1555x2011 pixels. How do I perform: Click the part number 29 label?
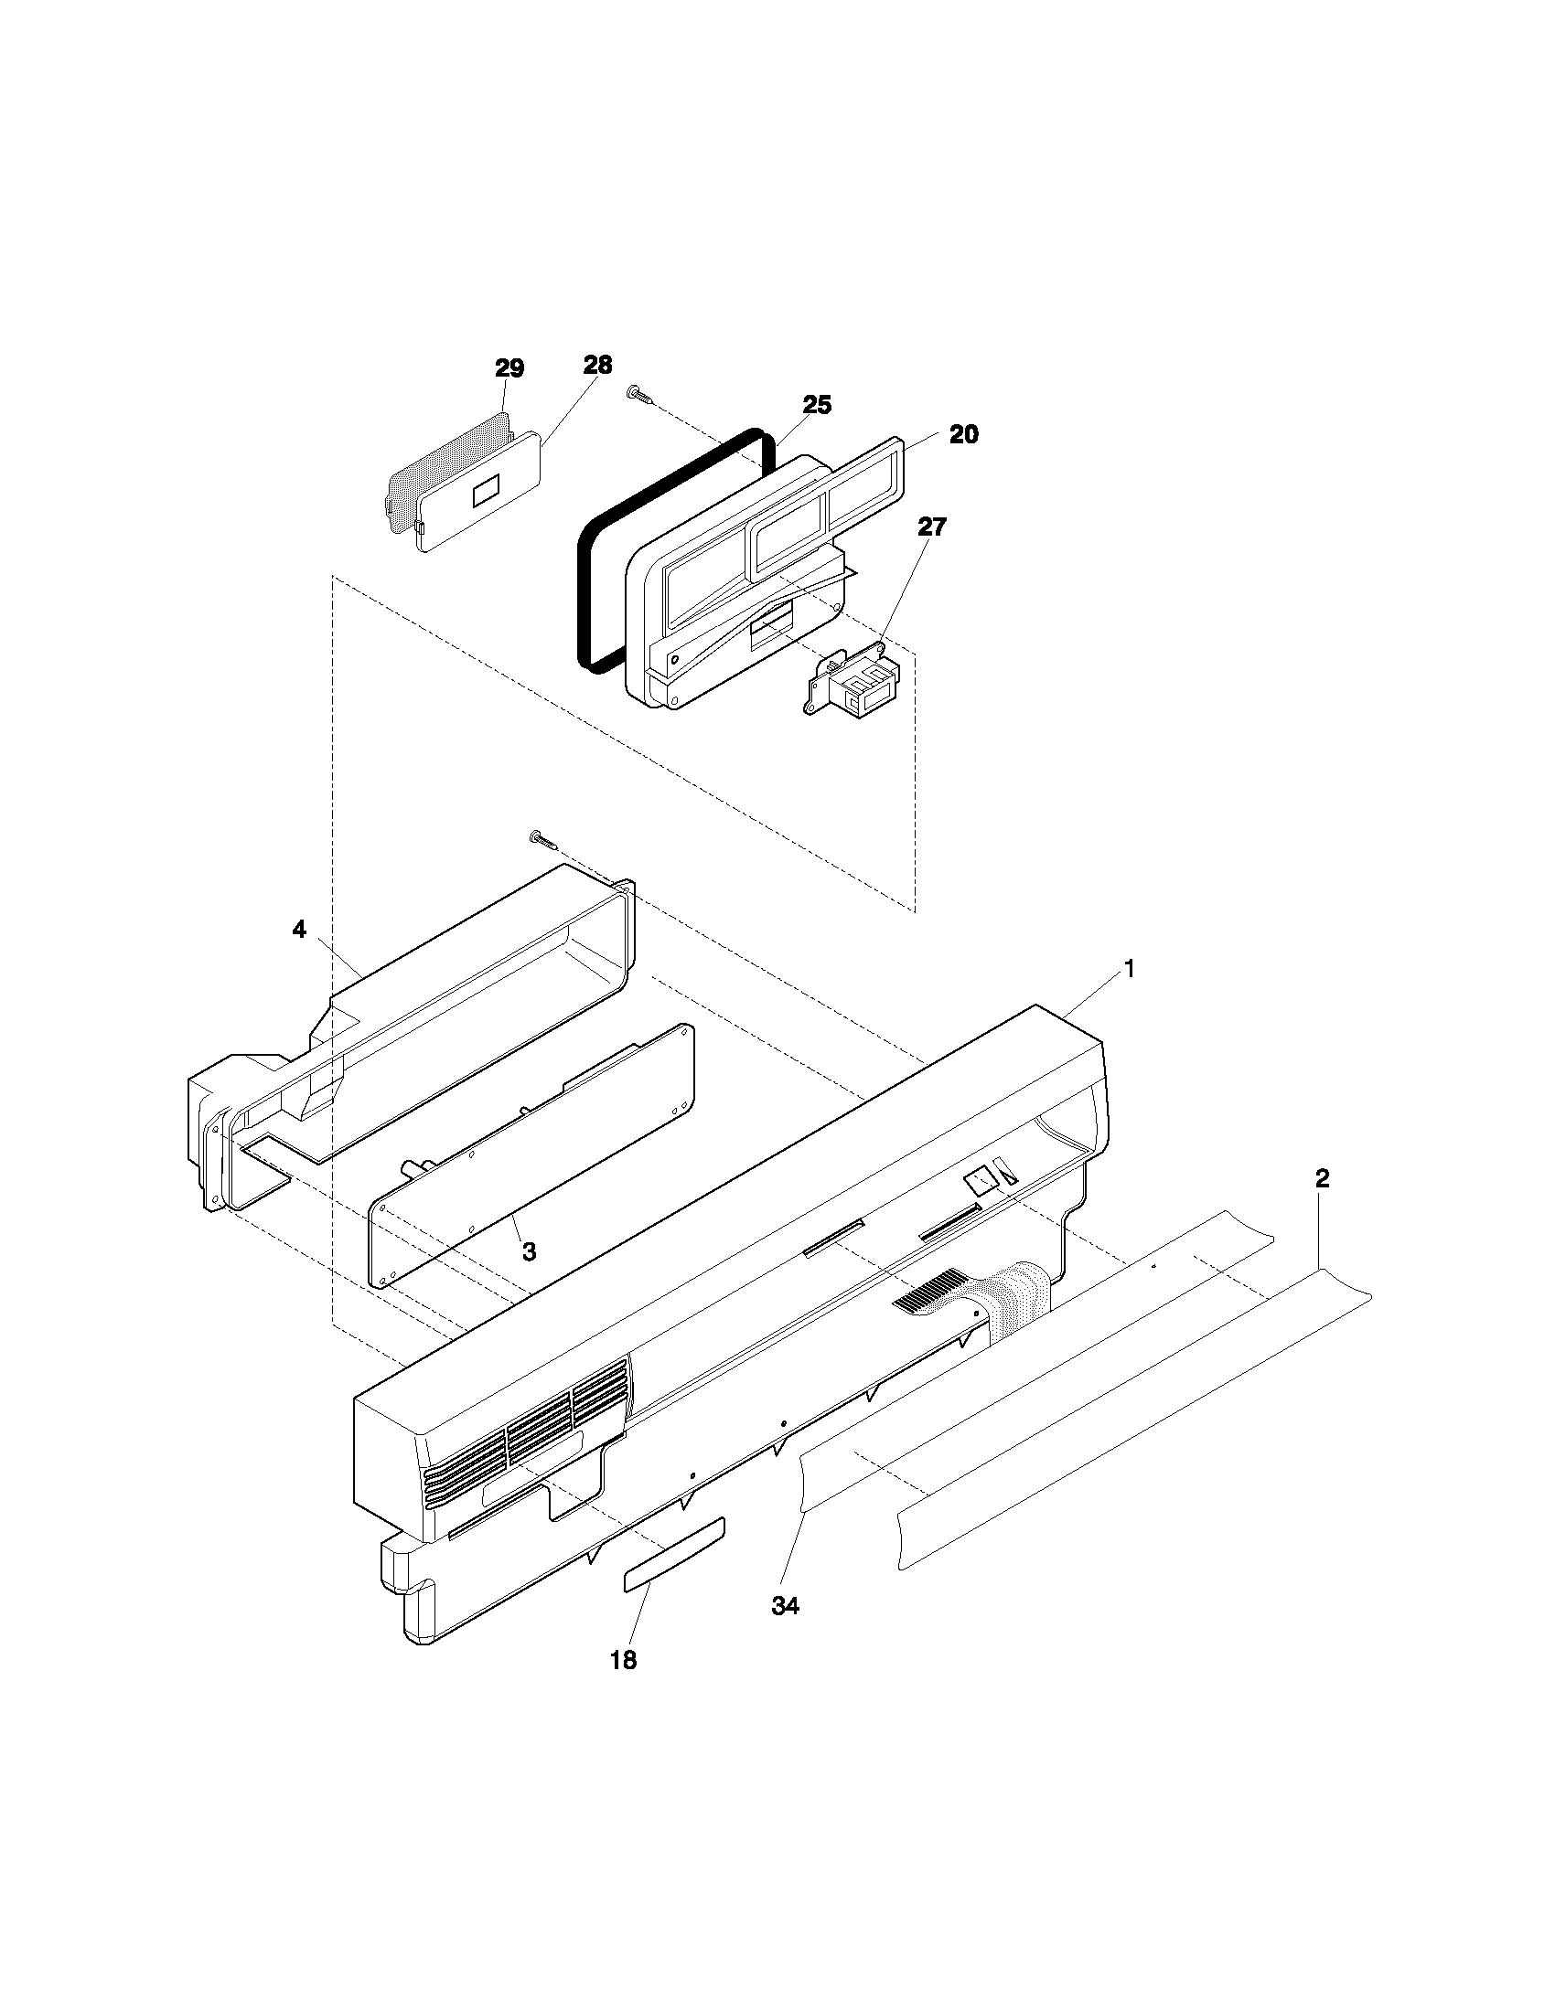pyautogui.click(x=509, y=369)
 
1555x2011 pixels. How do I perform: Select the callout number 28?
pyautogui.click(x=597, y=365)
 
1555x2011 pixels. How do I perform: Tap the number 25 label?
pyautogui.click(x=816, y=405)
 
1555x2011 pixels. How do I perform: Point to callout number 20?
pyautogui.click(x=963, y=434)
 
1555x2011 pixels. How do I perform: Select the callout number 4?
pyautogui.click(x=298, y=930)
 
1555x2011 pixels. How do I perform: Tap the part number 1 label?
pyautogui.click(x=1128, y=969)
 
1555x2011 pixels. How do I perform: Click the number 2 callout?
pyautogui.click(x=1322, y=1179)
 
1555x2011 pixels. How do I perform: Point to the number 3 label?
pyautogui.click(x=529, y=1252)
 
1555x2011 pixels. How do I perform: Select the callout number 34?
pyautogui.click(x=785, y=1606)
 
